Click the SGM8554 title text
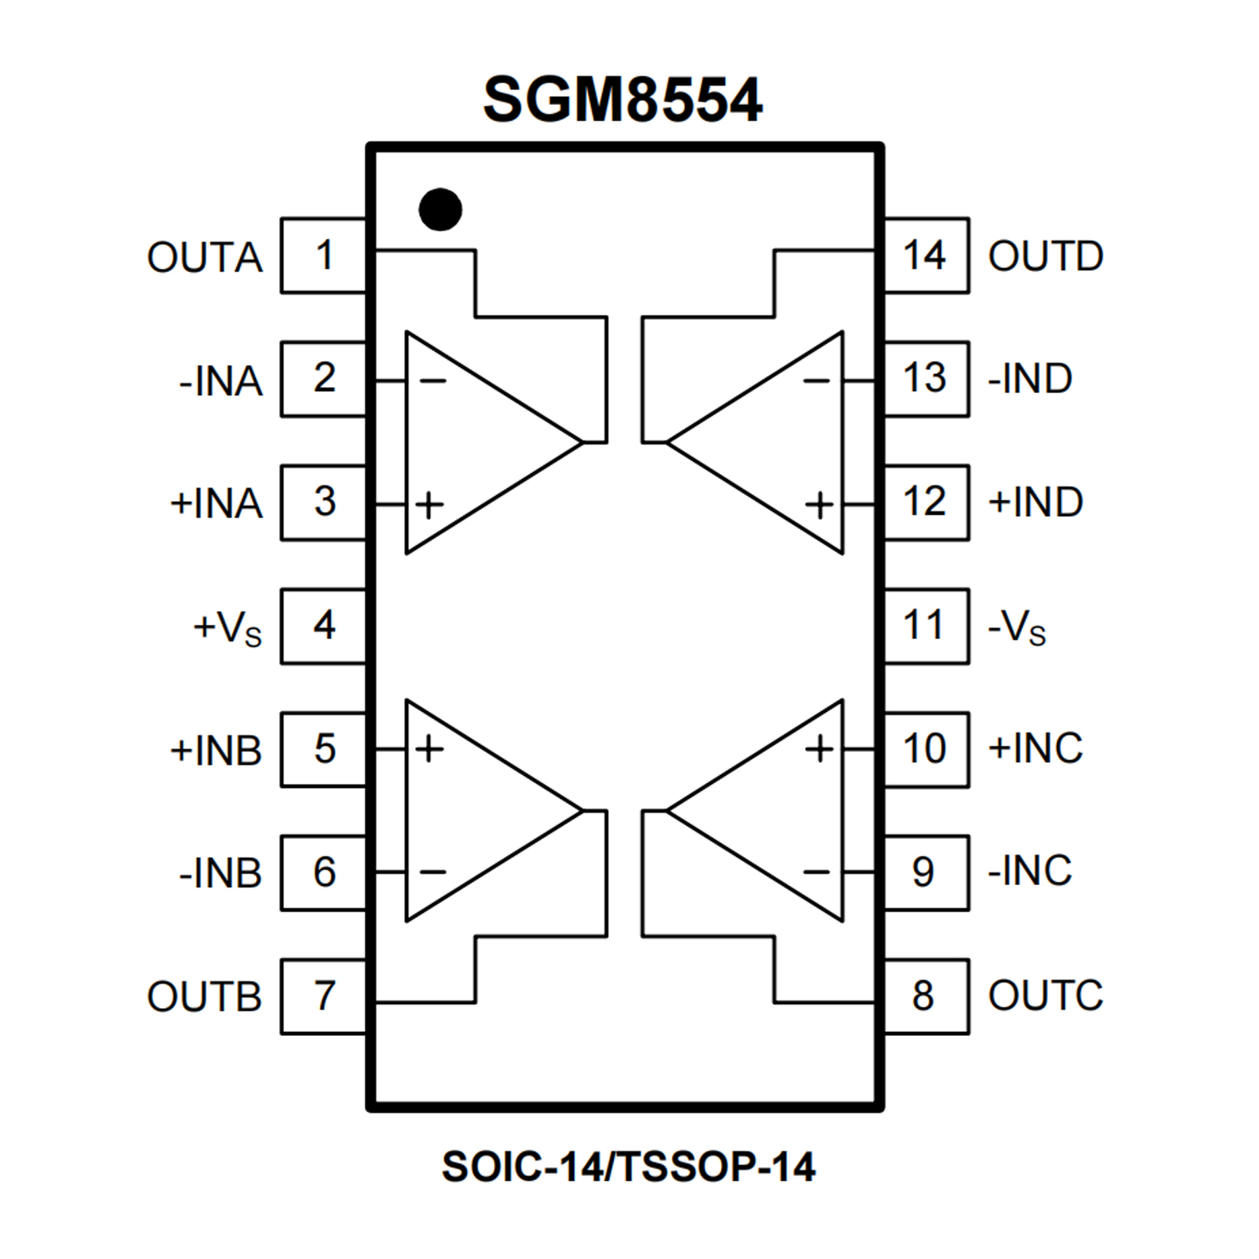(623, 100)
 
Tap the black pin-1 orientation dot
(440, 209)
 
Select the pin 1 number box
(324, 256)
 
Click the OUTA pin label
(205, 258)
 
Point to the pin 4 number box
(324, 626)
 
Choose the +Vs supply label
(227, 628)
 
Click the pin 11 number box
(925, 626)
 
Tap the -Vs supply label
(1017, 628)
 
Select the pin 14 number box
(925, 256)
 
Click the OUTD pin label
(1046, 257)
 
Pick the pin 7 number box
(324, 996)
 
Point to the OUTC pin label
(1046, 996)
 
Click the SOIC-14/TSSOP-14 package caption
(628, 1166)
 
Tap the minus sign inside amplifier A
(432, 381)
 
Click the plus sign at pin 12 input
(819, 504)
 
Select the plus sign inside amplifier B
(429, 749)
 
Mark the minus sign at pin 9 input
(817, 872)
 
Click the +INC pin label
(1036, 749)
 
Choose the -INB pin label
(220, 874)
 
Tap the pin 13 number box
(925, 379)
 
